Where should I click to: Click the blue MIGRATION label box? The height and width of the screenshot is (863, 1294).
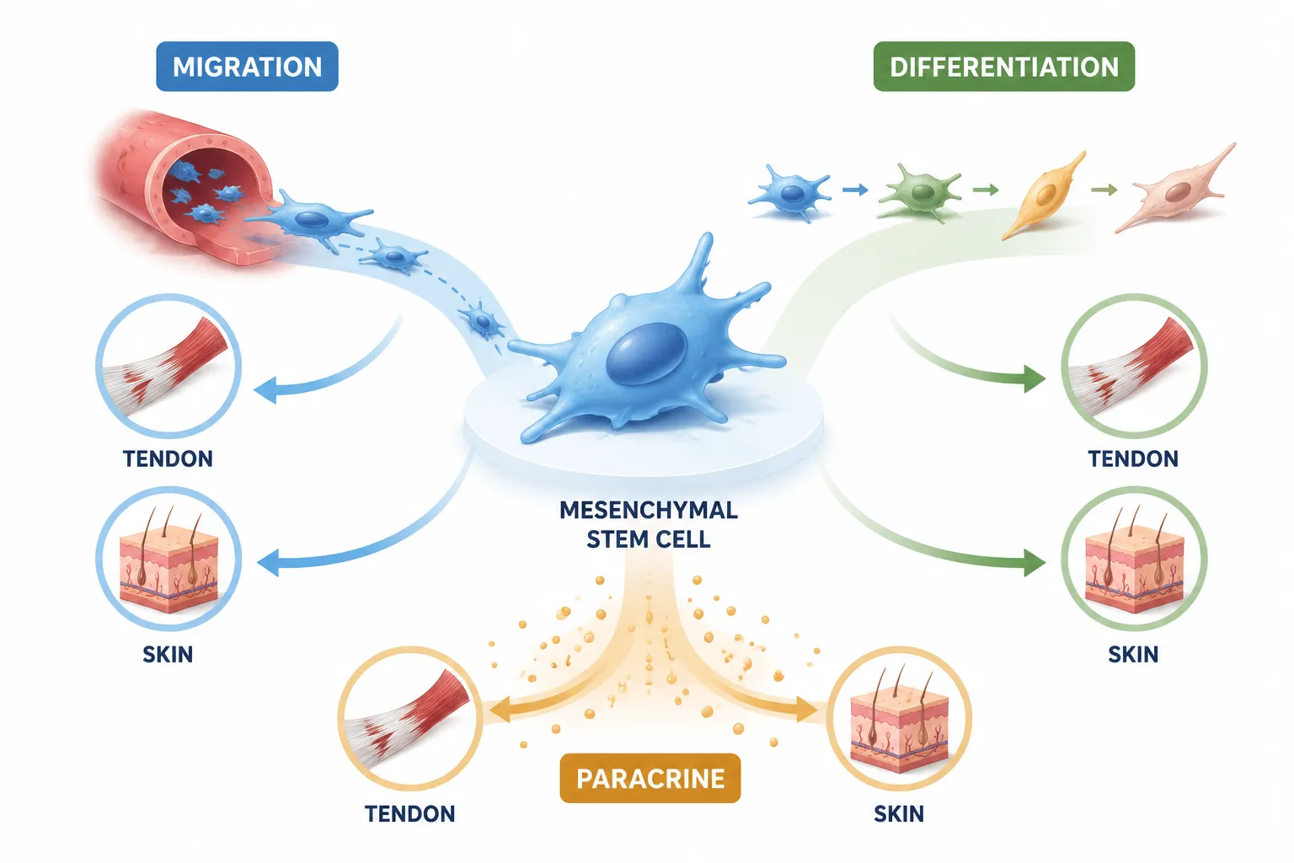click(x=247, y=67)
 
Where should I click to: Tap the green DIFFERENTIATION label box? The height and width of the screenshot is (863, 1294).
click(x=1004, y=67)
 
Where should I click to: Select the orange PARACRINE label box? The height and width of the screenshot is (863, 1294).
click(x=650, y=778)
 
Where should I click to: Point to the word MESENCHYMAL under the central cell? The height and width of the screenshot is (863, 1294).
click(x=649, y=510)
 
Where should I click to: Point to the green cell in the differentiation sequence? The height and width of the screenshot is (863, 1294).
click(x=920, y=193)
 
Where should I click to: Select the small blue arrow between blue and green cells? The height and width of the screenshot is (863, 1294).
click(x=855, y=189)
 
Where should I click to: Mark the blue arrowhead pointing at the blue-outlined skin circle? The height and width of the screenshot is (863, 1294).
click(x=268, y=563)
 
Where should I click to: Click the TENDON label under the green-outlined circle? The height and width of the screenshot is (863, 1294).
click(x=1133, y=459)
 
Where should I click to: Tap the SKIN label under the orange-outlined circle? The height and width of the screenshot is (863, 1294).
click(x=899, y=814)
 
